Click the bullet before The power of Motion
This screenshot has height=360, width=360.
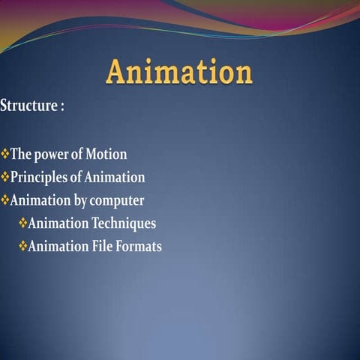[5, 154]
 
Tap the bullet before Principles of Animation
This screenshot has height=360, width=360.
[5, 178]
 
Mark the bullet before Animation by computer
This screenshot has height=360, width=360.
[5, 200]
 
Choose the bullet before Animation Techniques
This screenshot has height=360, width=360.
[22, 223]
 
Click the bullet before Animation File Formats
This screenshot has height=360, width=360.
[22, 245]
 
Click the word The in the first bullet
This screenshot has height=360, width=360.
[20, 154]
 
